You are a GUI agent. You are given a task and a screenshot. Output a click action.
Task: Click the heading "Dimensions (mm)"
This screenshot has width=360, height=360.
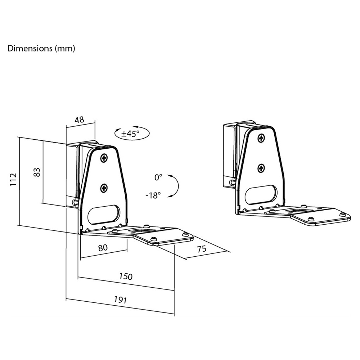[41, 49]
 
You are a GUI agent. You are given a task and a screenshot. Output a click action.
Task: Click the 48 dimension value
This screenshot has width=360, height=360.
[80, 120]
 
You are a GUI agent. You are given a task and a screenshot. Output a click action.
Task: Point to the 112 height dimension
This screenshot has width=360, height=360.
[14, 180]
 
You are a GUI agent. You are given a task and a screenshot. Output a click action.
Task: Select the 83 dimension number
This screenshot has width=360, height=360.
[37, 172]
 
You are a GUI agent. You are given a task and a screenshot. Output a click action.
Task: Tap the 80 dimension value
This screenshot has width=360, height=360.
[103, 248]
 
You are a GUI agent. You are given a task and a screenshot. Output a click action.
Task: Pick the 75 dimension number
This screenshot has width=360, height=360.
[202, 249]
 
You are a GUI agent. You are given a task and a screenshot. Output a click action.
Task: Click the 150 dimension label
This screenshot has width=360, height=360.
[126, 276]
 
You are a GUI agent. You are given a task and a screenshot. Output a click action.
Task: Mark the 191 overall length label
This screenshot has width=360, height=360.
[120, 300]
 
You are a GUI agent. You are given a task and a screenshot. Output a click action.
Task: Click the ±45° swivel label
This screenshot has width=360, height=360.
[130, 133]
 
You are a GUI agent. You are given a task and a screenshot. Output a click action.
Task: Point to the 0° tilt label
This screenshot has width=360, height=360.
[158, 177]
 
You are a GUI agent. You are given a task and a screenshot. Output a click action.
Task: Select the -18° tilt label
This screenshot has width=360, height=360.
[153, 195]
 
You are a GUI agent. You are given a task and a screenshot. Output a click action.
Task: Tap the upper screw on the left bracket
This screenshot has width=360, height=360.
[104, 158]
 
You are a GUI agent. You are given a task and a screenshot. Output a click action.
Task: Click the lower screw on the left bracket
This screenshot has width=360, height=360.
[104, 188]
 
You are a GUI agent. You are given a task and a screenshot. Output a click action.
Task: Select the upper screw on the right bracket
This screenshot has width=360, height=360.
[261, 138]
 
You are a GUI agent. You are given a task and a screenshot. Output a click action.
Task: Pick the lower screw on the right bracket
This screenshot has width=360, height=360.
[261, 168]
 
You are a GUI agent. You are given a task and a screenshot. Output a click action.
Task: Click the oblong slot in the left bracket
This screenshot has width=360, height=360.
[104, 215]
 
